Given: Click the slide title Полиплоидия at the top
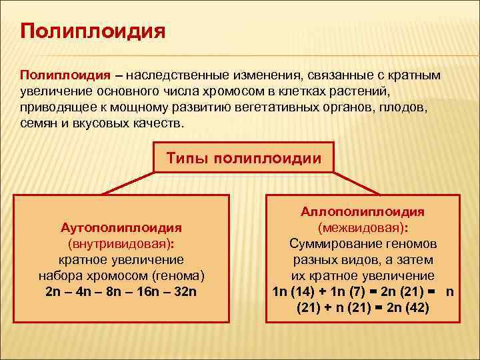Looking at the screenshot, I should [x=93, y=32].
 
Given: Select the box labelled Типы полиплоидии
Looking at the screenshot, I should [x=243, y=159].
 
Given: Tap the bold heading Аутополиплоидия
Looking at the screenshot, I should [x=121, y=227].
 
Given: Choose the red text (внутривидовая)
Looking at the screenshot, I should [x=121, y=243].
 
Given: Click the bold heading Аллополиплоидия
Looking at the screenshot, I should [x=363, y=211].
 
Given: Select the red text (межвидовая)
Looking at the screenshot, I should [x=363, y=227].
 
